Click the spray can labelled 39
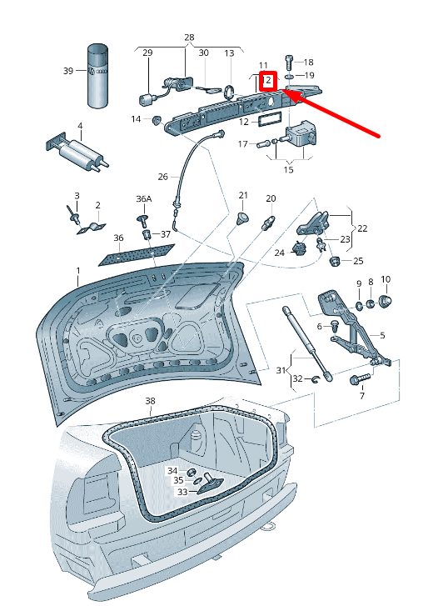[97, 76]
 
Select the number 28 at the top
[189, 38]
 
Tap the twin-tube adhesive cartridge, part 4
[77, 153]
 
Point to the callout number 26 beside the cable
[163, 177]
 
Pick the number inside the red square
[267, 81]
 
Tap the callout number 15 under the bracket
[288, 170]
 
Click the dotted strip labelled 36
[137, 255]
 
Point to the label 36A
[143, 199]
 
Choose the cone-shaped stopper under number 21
[242, 218]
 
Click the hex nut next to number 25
[335, 261]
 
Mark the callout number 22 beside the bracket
[362, 228]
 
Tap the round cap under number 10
[386, 301]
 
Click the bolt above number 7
[361, 378]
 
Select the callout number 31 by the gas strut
[281, 371]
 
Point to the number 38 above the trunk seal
[150, 401]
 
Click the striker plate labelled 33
[210, 485]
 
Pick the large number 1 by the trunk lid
[78, 271]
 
